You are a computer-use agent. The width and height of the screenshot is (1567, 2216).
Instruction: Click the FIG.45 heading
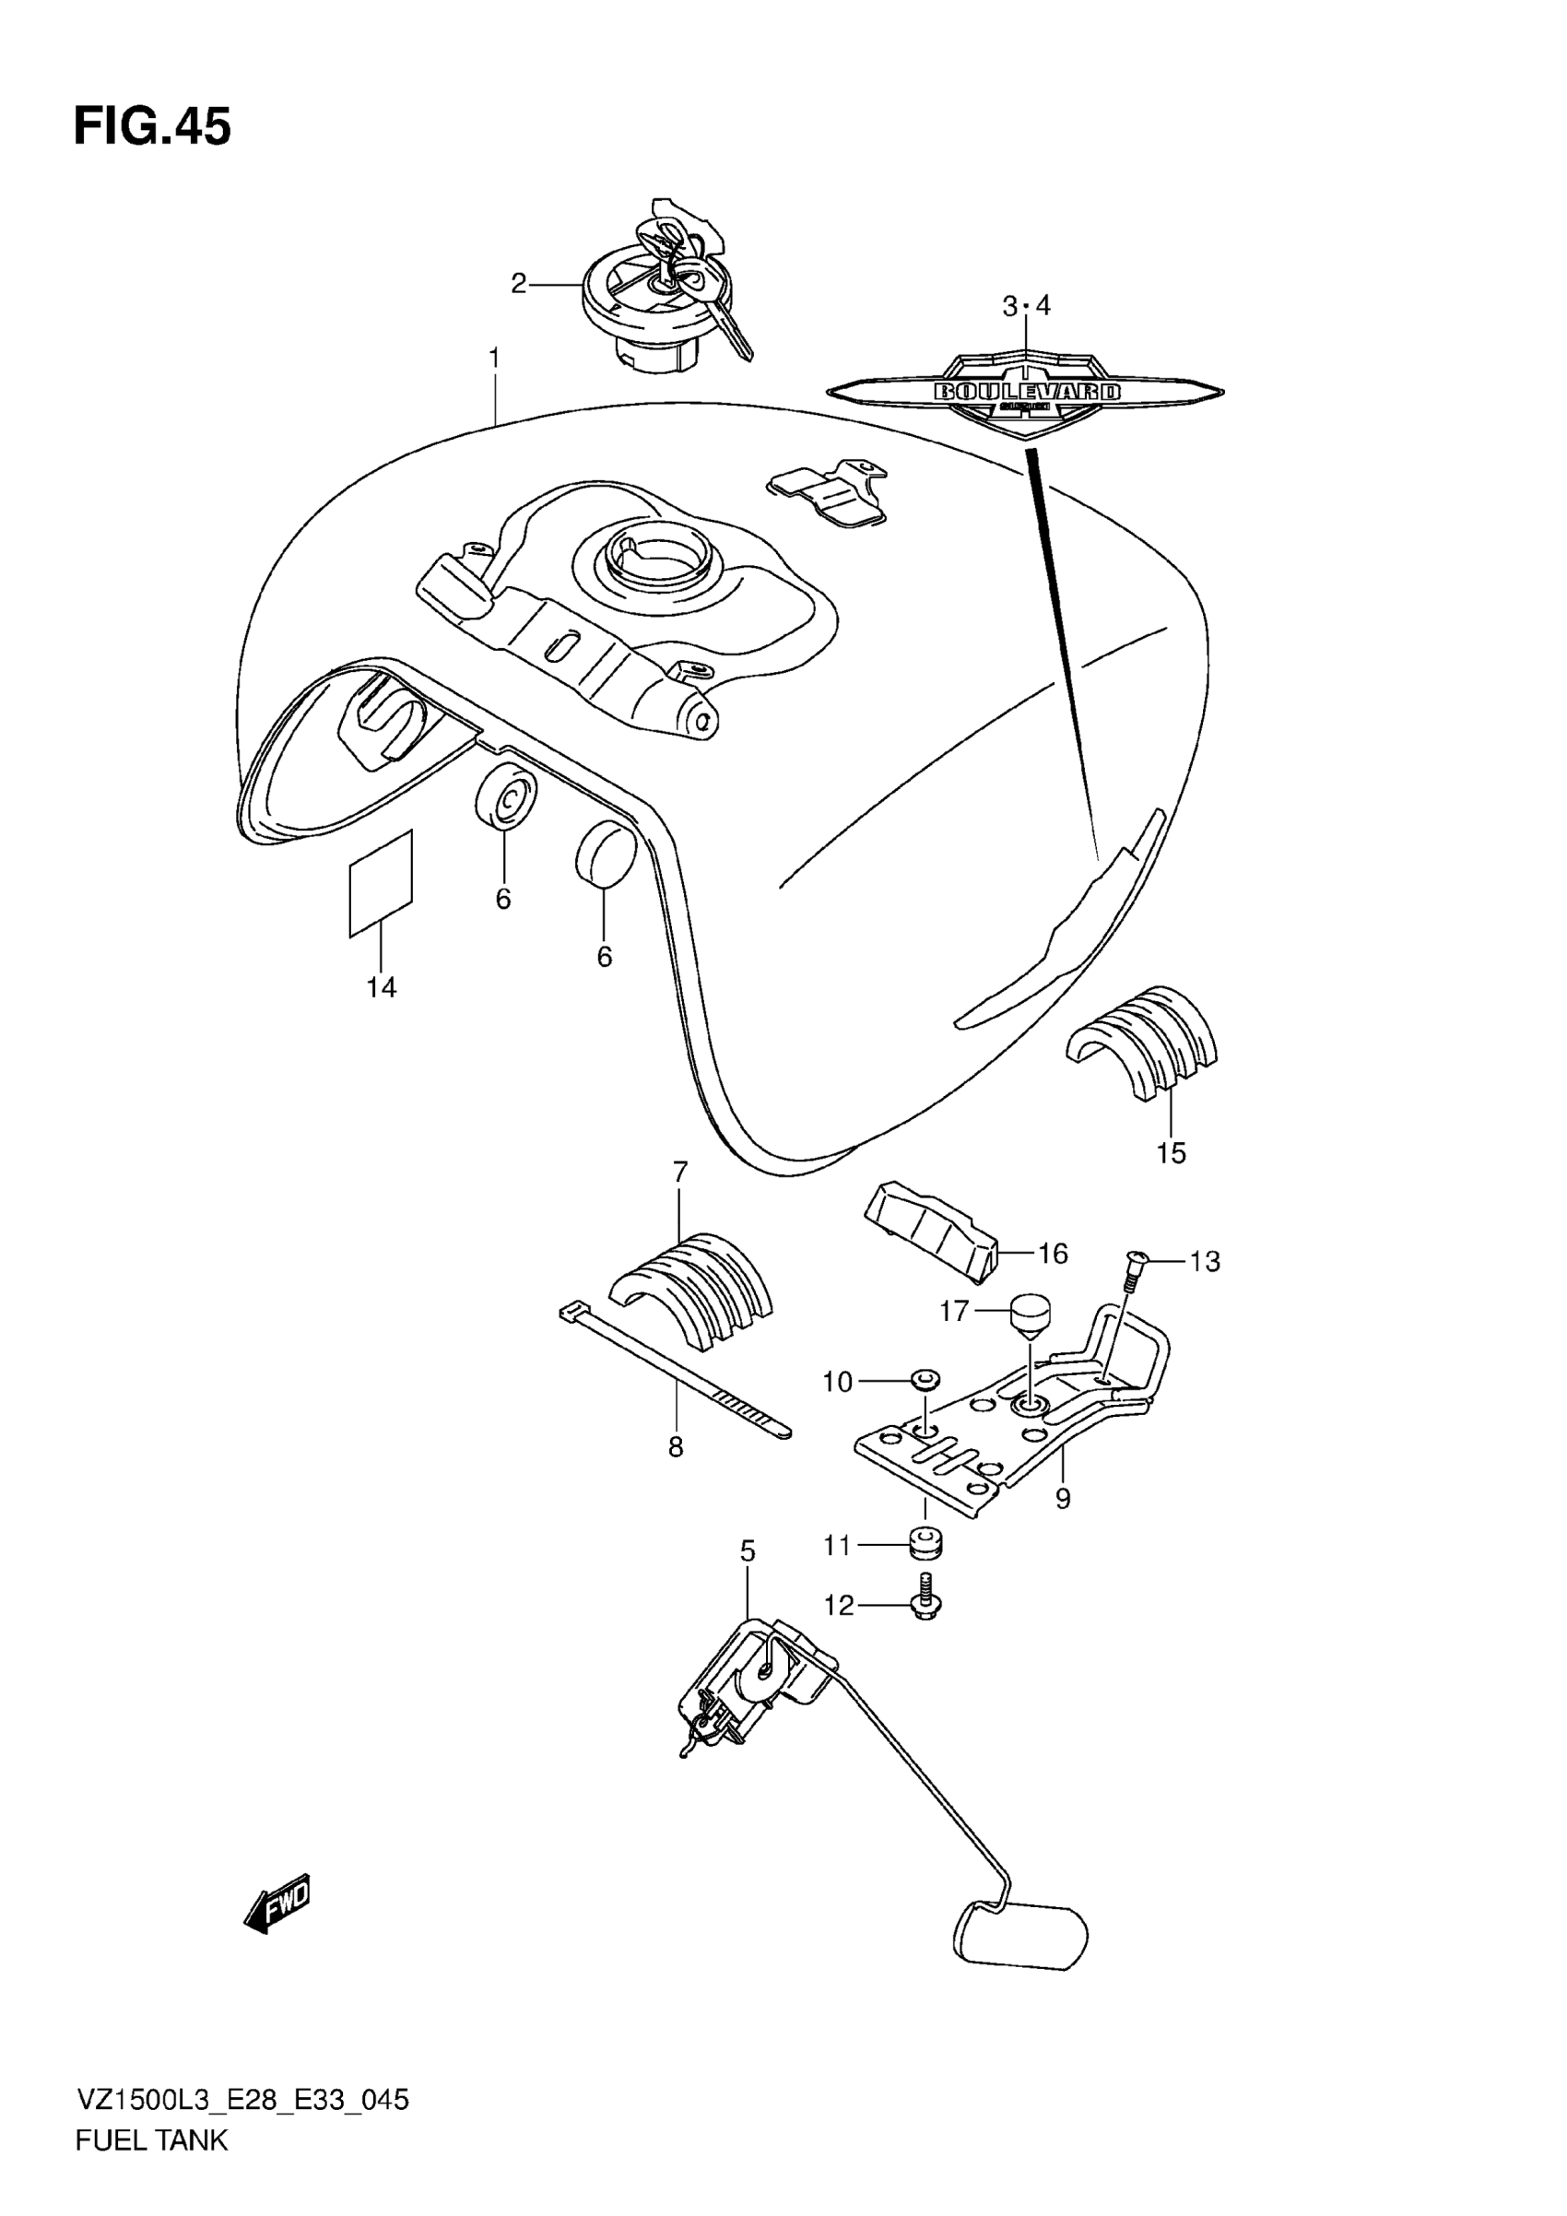click(152, 127)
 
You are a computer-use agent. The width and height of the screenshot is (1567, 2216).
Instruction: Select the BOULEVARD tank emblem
click(1026, 393)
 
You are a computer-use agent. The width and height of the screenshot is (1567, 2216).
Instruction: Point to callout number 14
click(381, 987)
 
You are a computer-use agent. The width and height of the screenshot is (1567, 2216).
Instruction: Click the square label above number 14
click(380, 883)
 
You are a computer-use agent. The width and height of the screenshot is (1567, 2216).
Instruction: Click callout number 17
click(953, 1312)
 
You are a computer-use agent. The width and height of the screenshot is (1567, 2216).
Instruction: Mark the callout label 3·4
click(1026, 307)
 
